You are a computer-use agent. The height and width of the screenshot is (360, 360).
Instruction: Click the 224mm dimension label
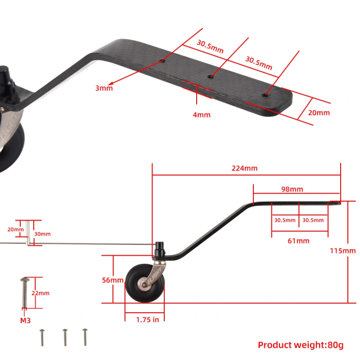(244, 168)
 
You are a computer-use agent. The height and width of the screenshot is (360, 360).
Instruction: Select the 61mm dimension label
(299, 241)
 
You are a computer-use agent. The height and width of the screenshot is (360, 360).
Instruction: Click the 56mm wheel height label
(113, 280)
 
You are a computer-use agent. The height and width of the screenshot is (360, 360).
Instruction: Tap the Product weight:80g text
(300, 345)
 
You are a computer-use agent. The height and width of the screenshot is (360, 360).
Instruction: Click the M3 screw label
(25, 321)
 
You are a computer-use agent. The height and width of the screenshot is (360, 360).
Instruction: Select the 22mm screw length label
(40, 293)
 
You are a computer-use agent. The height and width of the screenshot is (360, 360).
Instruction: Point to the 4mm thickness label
(201, 115)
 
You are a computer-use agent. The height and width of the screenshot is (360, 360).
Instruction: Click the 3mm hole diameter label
(103, 88)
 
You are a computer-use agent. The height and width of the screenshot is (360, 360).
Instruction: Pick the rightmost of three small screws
(85, 337)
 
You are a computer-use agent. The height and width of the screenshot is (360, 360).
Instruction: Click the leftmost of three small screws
(42, 337)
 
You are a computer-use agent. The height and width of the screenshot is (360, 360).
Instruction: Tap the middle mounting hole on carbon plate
(210, 77)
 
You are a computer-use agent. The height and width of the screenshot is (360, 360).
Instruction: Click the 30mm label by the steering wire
(42, 234)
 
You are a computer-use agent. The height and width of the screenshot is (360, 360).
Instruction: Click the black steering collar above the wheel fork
(159, 249)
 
